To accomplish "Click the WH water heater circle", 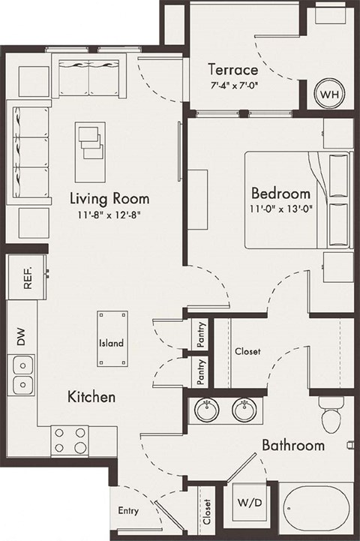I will (x=328, y=95).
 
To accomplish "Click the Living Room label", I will (x=109, y=199).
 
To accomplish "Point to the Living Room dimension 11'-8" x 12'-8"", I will (x=109, y=215).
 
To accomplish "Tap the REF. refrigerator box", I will (x=27, y=278).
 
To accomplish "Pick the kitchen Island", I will (x=111, y=339).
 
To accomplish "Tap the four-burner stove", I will (x=70, y=439).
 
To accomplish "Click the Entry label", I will (x=128, y=511).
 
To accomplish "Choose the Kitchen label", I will (x=92, y=396).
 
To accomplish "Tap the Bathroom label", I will (x=293, y=446).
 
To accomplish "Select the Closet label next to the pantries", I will (x=247, y=351).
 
